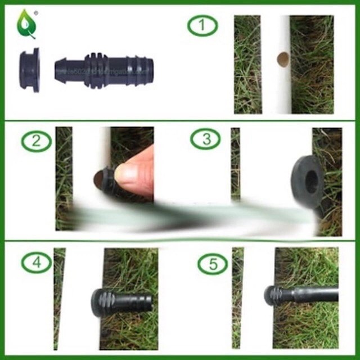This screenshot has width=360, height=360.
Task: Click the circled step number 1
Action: [202, 25]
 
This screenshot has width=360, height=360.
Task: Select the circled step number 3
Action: [205, 139]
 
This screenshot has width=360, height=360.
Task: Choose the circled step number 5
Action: [213, 263]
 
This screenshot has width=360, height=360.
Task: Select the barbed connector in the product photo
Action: [104, 70]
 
